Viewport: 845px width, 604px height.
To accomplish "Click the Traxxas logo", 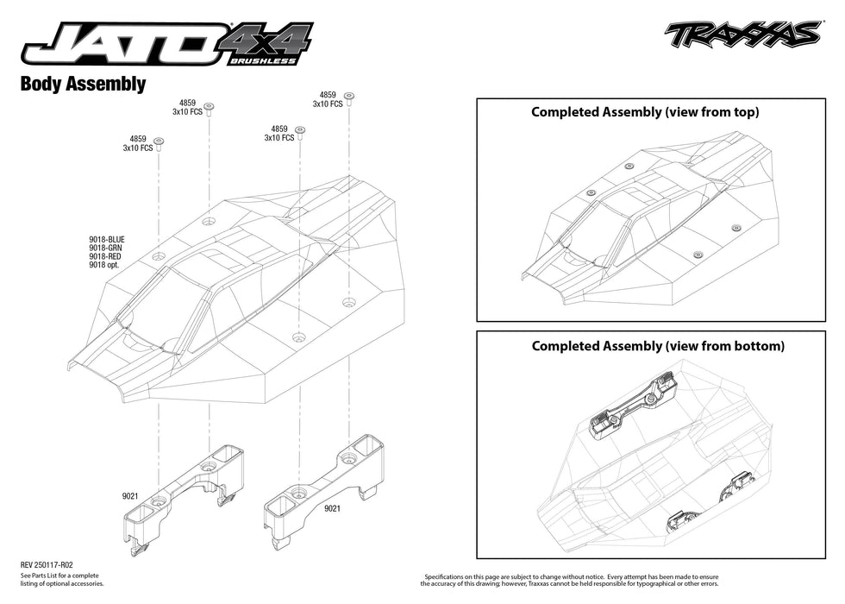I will (x=742, y=35).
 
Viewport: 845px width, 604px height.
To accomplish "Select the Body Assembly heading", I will (x=82, y=85).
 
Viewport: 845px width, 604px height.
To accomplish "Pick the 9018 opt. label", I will (x=103, y=266).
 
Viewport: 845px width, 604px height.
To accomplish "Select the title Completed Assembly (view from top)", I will (x=645, y=112).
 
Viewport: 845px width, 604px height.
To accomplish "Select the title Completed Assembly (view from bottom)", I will (x=658, y=346).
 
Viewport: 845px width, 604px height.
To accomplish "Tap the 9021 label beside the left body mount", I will (x=130, y=497).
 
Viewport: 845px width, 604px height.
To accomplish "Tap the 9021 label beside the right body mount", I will (x=332, y=509).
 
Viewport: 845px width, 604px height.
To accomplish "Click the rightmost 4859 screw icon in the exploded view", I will (x=349, y=98).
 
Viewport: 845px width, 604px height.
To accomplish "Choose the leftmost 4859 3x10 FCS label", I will (x=138, y=143).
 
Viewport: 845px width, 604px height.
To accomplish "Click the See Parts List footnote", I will (x=61, y=579).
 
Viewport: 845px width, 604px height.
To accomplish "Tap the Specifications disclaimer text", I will (x=571, y=579).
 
